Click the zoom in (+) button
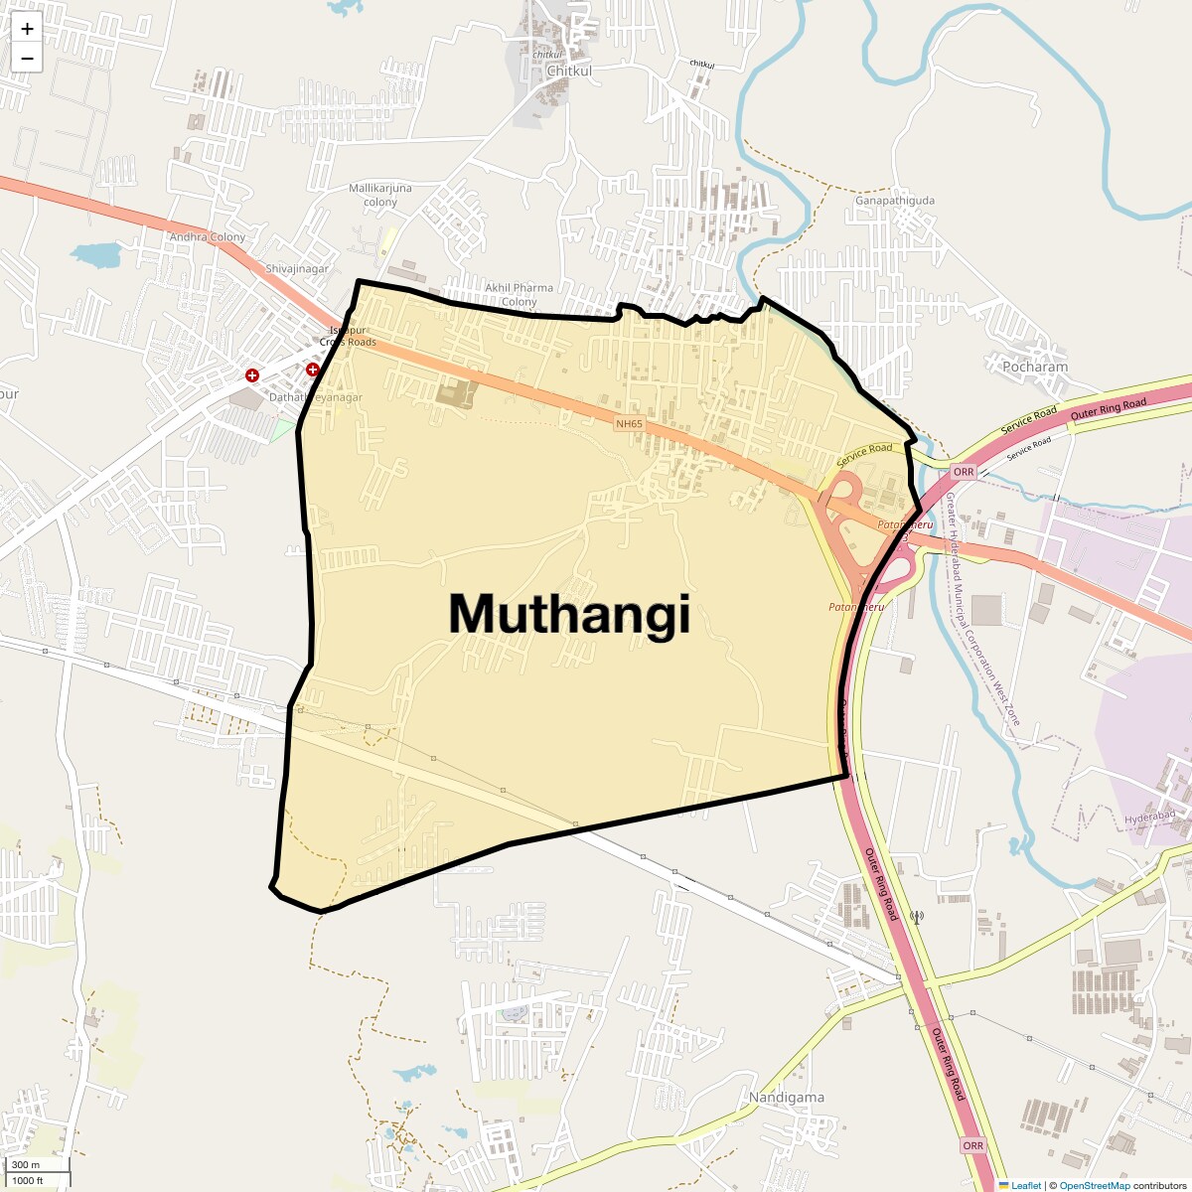[27, 29]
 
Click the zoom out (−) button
[27, 59]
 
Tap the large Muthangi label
[569, 614]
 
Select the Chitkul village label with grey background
[569, 72]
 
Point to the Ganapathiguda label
[894, 201]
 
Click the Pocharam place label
[1035, 367]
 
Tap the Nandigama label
[787, 1098]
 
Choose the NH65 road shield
[629, 424]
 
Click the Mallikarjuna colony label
[380, 195]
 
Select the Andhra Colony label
[207, 237]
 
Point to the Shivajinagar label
[296, 269]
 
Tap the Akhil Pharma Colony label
[519, 294]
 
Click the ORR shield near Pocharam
[963, 472]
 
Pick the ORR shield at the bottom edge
[972, 1145]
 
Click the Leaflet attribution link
[1026, 1185]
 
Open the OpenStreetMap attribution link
[1094, 1185]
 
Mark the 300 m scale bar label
[26, 1165]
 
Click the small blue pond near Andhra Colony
[96, 254]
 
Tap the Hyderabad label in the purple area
[1149, 818]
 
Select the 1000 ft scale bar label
[28, 1181]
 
